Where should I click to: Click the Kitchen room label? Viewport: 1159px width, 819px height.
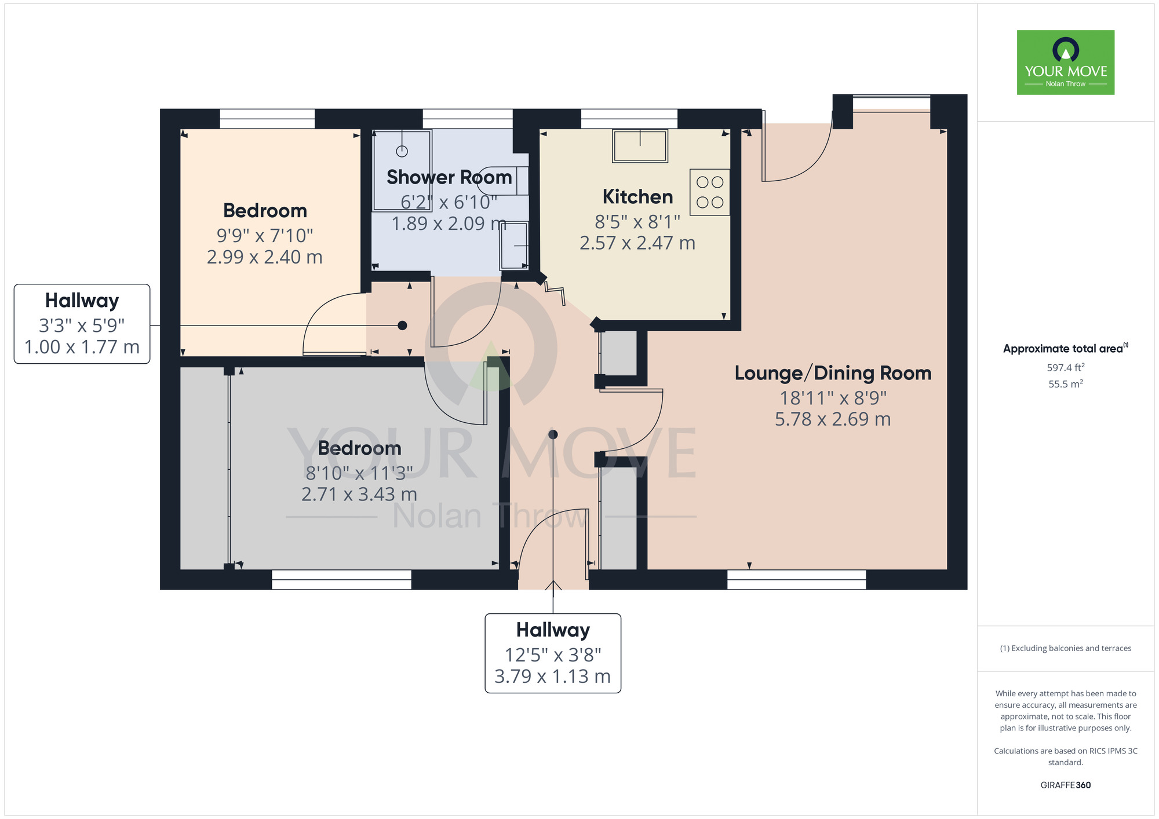coord(637,197)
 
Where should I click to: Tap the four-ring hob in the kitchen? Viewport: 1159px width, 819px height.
coord(709,192)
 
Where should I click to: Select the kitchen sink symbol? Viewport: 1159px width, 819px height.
coord(640,145)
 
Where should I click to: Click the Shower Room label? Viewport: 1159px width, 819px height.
coord(449,177)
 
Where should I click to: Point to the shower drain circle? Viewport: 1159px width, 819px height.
coord(402,151)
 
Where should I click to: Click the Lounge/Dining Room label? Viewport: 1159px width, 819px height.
coord(833,373)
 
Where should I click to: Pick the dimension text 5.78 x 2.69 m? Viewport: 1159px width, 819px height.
coord(833,419)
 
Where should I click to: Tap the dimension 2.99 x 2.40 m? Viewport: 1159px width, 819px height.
coord(264,257)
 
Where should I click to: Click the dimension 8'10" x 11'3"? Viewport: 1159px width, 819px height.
coord(359,473)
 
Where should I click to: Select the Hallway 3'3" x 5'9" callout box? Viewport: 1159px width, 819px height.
coord(82,324)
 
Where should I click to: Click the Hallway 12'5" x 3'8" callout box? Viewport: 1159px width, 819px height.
coord(552,653)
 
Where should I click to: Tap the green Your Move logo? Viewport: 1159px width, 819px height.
coord(1065,63)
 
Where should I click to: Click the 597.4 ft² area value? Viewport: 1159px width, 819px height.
coord(1065,368)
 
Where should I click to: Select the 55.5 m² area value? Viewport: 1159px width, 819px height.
coord(1065,384)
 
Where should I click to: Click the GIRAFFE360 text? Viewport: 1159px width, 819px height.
coord(1065,785)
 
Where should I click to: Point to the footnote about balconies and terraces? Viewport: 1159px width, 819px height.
coord(1065,648)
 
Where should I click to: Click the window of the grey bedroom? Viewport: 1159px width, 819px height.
coord(341,579)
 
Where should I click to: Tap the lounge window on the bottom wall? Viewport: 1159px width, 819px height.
coord(796,579)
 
